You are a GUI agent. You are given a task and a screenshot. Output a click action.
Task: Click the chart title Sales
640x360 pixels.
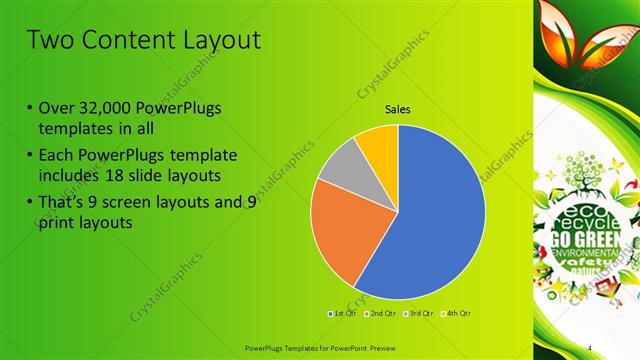[398, 110]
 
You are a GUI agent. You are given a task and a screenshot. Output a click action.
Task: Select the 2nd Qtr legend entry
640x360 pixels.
[378, 314]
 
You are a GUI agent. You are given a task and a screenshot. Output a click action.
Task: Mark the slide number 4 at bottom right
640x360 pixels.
[591, 346]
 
